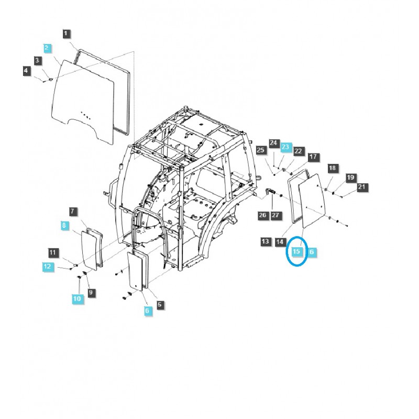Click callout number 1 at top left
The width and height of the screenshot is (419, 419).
[66, 34]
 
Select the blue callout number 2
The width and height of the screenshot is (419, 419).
[47, 48]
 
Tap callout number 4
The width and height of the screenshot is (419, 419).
[26, 71]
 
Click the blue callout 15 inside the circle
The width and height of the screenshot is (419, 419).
[297, 252]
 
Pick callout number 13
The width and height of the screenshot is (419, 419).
[266, 241]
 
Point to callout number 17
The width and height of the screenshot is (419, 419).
[313, 157]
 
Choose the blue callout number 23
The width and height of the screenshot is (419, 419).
[285, 148]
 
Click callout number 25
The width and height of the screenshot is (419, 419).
[260, 151]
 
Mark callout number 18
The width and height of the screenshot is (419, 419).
[332, 168]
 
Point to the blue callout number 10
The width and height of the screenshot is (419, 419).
[78, 298]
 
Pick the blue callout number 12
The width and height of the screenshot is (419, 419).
[47, 267]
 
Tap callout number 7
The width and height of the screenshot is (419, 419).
[73, 212]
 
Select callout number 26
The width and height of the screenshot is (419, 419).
[262, 215]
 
